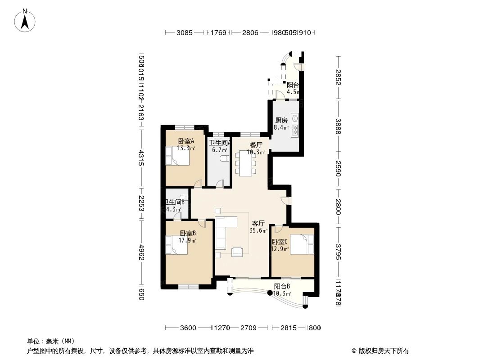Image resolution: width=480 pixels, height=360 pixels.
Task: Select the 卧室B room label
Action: pos(187,234)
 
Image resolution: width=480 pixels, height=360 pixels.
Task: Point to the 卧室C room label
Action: pos(280,242)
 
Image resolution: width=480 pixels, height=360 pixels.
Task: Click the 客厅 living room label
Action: pos(258,224)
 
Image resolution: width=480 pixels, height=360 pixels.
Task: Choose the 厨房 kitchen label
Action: pos(281,121)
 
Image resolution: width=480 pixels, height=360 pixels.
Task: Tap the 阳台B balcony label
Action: pos(282,287)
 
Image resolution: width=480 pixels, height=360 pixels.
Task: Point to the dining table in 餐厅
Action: pos(245,163)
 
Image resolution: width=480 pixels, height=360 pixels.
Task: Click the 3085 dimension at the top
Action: pos(184,32)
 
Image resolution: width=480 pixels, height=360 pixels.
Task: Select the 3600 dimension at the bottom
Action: pos(188,328)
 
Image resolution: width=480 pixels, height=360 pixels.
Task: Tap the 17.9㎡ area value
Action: pos(187,240)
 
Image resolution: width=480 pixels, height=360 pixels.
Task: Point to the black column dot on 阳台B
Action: pos(270,293)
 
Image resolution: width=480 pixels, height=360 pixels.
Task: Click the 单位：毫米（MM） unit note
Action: pos(50,341)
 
